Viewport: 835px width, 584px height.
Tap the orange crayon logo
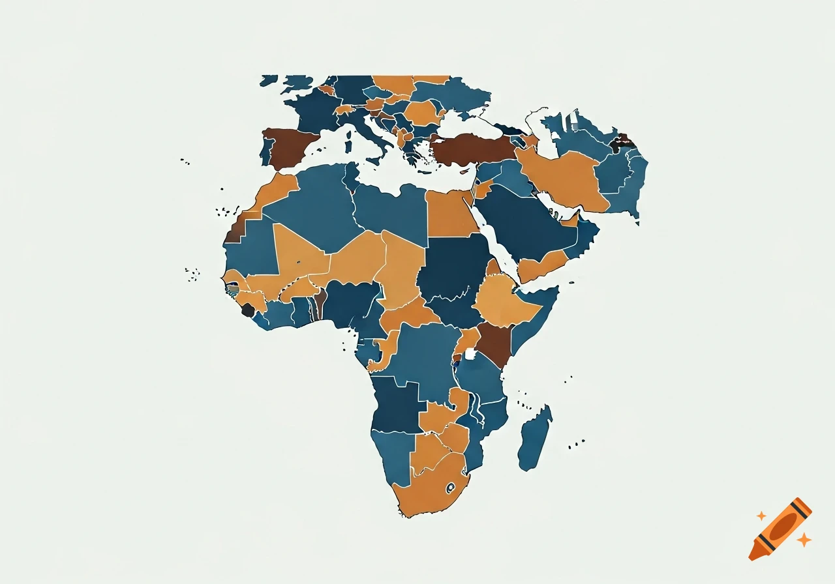(x=780, y=529)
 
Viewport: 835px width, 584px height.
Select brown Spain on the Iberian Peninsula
(x=290, y=147)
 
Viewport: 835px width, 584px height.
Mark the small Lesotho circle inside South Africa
(x=449, y=487)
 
